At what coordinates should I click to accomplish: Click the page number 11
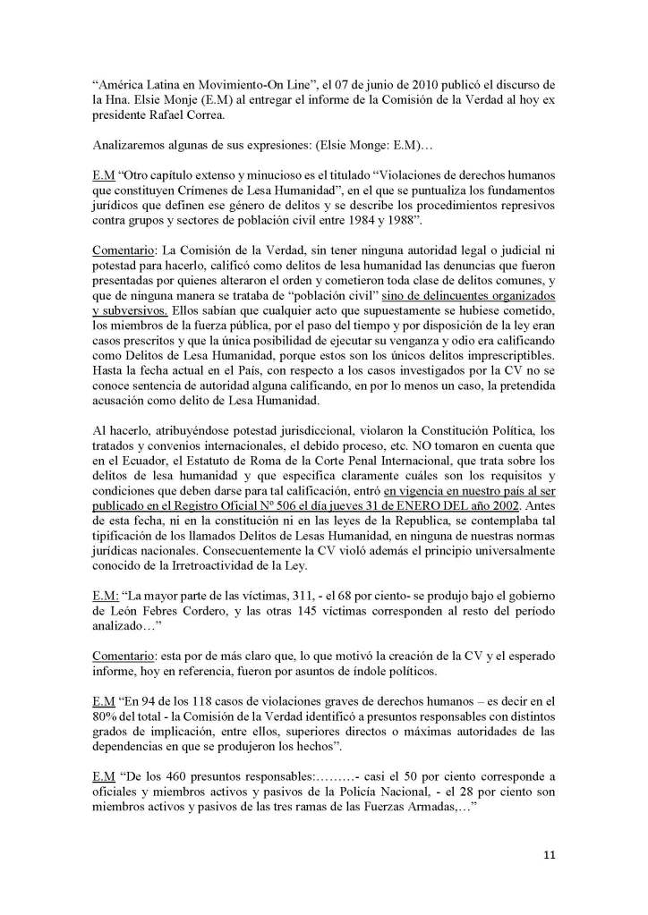click(x=550, y=855)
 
